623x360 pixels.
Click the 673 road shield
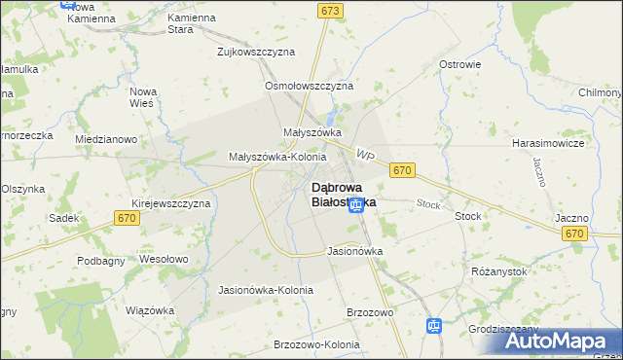coord(330,10)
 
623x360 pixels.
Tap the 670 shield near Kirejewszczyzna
coord(128,218)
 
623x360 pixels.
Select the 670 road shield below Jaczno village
coord(574,234)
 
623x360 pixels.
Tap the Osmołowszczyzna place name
coord(309,86)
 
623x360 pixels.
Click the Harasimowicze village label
coord(547,143)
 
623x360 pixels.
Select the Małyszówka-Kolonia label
coord(276,156)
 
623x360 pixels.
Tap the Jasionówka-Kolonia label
coord(266,290)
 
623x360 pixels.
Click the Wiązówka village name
coord(149,310)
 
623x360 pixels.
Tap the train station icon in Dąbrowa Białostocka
coord(356,204)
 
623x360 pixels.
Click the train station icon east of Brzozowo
coord(435,326)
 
